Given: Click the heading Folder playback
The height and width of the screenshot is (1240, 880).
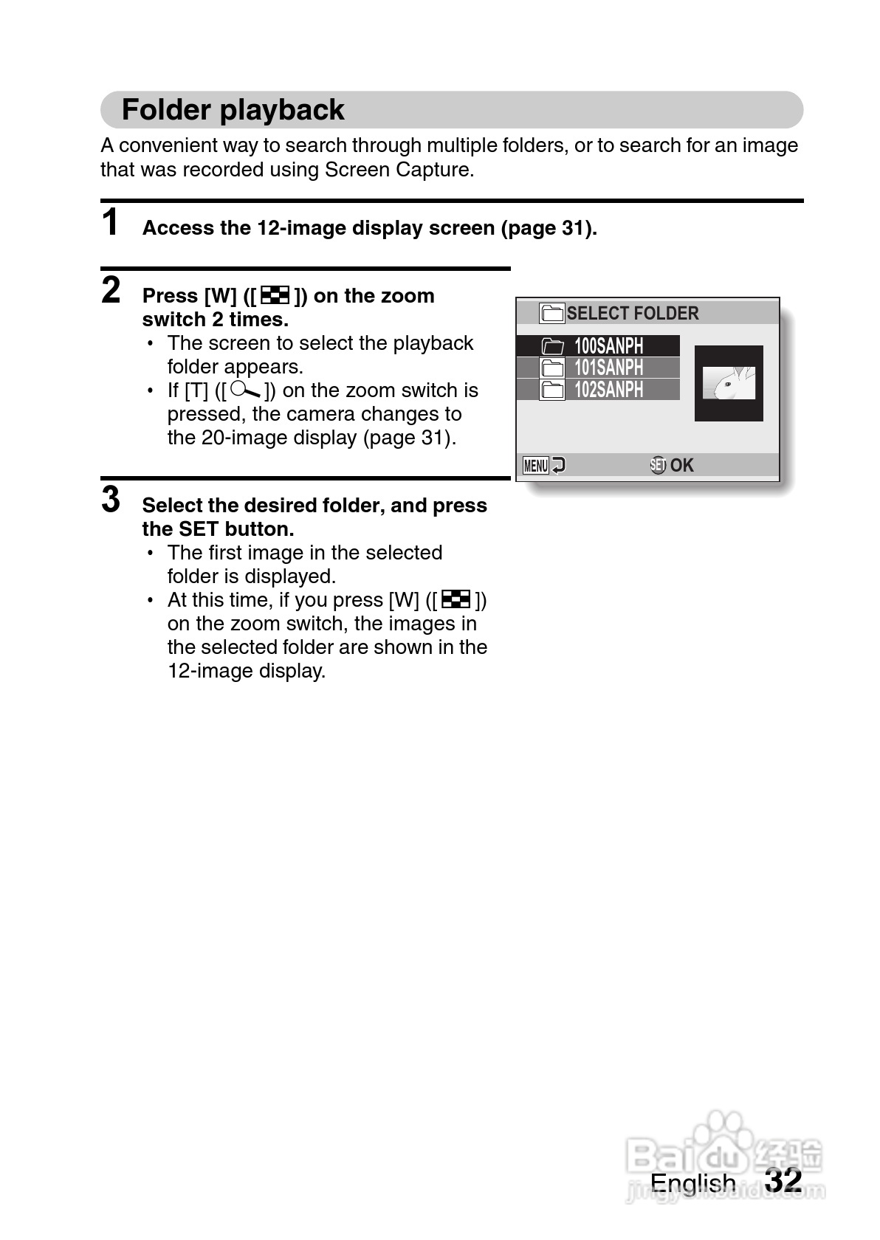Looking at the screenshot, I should pyautogui.click(x=233, y=110).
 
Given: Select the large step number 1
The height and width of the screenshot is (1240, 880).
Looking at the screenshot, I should pyautogui.click(x=111, y=222).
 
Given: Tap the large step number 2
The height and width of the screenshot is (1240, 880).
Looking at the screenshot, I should pyautogui.click(x=111, y=290).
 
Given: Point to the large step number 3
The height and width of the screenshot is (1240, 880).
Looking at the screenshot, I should pyautogui.click(x=111, y=500).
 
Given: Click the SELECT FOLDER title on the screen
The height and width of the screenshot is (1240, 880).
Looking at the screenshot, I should pyautogui.click(x=632, y=314).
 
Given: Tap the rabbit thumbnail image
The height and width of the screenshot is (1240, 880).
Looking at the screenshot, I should pyautogui.click(x=729, y=383).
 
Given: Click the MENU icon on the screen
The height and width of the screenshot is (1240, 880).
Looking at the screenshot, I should pyautogui.click(x=535, y=465).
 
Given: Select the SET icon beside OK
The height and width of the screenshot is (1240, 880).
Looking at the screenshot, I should pyautogui.click(x=658, y=465).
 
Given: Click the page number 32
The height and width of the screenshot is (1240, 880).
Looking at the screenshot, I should pyautogui.click(x=783, y=1180).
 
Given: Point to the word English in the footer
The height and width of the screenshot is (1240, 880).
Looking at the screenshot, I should pyautogui.click(x=692, y=1183).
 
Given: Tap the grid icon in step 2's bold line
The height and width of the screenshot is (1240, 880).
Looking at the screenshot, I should pyautogui.click(x=275, y=296).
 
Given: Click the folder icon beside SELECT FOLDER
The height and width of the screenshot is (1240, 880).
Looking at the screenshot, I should pyautogui.click(x=551, y=314).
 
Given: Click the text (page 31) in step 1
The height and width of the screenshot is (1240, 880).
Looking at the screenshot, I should pyautogui.click(x=549, y=228).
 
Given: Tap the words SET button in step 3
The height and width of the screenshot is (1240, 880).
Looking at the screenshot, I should pyautogui.click(x=236, y=529).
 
